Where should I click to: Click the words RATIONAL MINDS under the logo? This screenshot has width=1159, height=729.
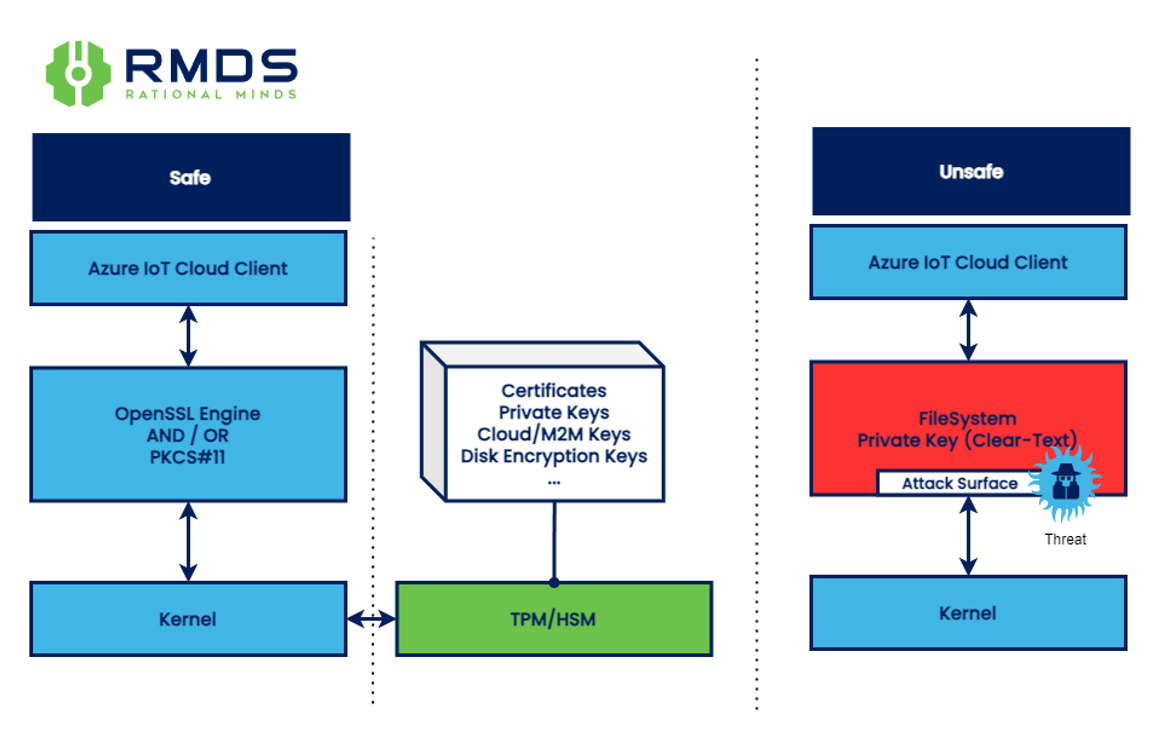210,95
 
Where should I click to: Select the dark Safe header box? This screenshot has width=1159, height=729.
191,177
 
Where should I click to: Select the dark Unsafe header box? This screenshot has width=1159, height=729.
970,171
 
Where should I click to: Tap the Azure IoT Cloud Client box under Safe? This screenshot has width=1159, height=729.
188,268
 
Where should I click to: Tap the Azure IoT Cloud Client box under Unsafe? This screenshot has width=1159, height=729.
968,262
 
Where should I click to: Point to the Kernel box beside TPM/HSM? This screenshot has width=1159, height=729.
188,619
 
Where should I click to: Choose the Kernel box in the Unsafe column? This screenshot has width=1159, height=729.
968,612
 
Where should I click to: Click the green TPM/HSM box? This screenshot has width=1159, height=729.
554,619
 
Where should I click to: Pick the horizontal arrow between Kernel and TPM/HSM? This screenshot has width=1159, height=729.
371,620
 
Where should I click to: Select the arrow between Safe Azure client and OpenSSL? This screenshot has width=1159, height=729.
188,336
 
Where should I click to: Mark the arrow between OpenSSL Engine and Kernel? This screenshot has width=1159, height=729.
188,542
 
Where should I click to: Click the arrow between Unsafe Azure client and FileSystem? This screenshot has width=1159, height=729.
968,330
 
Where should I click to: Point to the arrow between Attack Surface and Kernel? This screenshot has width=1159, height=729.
968,535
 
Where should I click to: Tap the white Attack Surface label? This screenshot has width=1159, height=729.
958,484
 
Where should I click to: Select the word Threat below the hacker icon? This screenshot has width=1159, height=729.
1065,539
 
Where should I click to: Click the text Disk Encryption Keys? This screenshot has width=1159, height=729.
554,456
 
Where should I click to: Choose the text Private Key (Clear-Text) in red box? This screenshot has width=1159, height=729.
968,440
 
